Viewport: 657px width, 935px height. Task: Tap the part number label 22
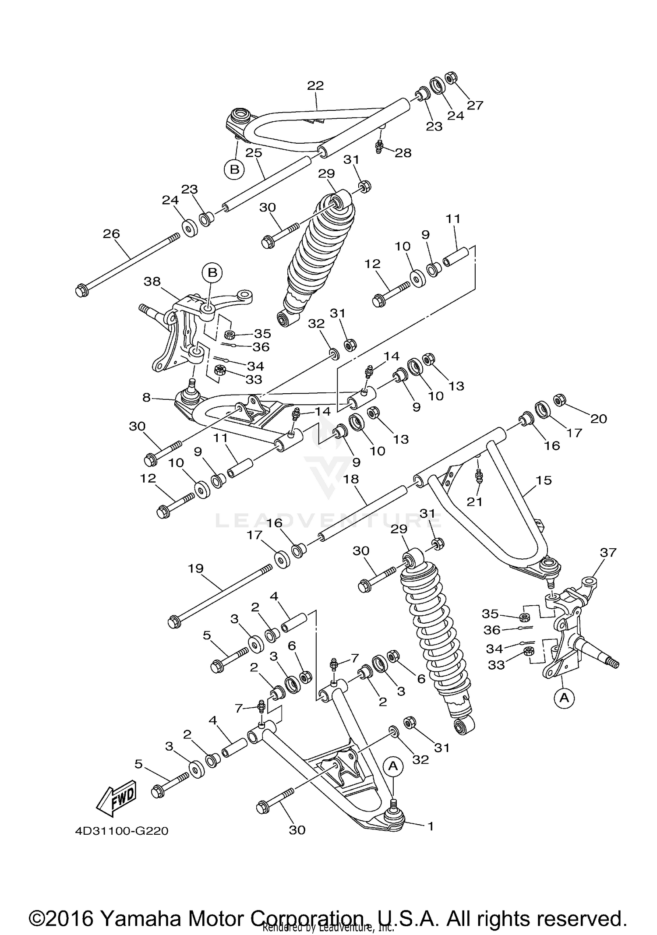click(x=315, y=85)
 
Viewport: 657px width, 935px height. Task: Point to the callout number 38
click(x=152, y=282)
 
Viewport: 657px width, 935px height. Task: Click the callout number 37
click(x=608, y=553)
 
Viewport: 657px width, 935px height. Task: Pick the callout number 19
click(x=196, y=568)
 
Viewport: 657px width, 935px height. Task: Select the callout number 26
click(x=111, y=233)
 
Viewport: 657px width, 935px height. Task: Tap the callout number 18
click(x=351, y=479)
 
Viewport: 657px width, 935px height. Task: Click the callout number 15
click(x=543, y=480)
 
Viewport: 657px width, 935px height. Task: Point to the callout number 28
click(x=403, y=153)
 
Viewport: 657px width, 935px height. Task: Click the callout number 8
click(x=146, y=398)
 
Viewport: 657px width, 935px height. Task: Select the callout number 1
click(x=430, y=826)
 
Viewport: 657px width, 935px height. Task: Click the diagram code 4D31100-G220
click(x=121, y=831)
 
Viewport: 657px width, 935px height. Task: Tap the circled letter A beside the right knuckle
click(x=564, y=698)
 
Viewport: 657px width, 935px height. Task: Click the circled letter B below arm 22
click(x=234, y=169)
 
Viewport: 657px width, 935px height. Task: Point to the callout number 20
click(x=598, y=419)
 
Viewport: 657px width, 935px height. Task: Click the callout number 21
click(x=474, y=502)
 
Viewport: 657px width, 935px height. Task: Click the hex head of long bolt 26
click(x=81, y=291)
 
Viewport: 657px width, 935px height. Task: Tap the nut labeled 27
click(x=450, y=78)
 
